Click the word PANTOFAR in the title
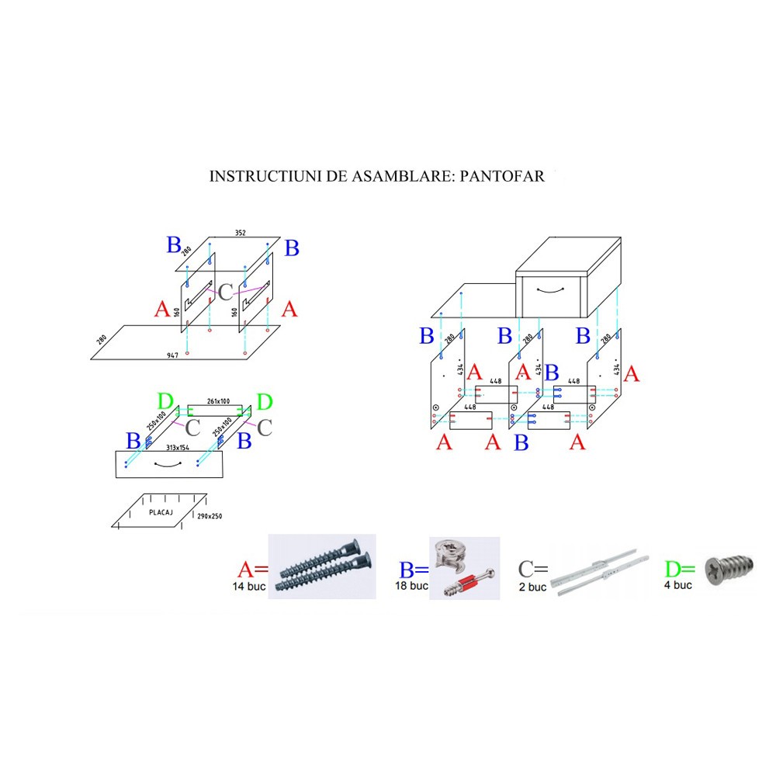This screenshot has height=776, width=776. click(502, 176)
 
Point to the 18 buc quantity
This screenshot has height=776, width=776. click(411, 586)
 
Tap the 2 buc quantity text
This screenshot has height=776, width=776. click(532, 587)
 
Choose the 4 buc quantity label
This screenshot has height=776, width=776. click(677, 584)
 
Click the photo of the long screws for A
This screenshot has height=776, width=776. click(321, 566)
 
